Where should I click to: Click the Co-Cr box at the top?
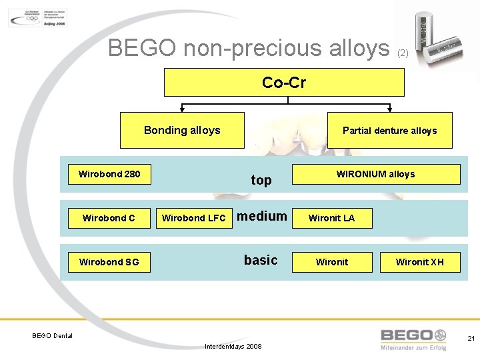[284, 83]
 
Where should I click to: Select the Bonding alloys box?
[182, 130]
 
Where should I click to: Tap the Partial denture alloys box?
[389, 130]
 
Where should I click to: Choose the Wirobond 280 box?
[109, 174]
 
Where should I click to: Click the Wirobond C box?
[109, 217]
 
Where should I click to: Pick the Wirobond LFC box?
[193, 217]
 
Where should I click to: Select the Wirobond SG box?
[109, 261]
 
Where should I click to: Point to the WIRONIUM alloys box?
[375, 174]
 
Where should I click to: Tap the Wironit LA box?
[331, 217]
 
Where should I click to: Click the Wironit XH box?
[419, 261]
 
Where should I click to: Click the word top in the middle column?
[261, 180]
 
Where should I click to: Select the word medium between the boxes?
[262, 216]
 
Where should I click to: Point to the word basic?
[261, 260]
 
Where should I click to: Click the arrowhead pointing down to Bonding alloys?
[181, 109]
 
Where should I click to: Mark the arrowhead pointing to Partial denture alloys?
[390, 109]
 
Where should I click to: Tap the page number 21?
[471, 339]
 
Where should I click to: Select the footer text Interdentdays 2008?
[233, 347]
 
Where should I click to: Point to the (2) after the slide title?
[403, 53]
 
